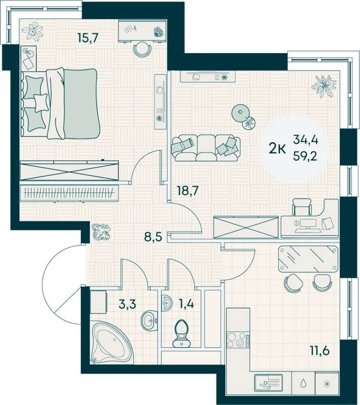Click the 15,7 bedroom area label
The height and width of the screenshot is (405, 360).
(x=88, y=38)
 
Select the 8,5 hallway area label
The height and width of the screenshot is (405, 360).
(x=153, y=236)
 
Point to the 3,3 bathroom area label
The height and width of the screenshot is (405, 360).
(x=127, y=304)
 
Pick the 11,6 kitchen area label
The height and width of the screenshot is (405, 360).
(x=319, y=351)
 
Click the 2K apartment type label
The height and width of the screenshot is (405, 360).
(x=277, y=149)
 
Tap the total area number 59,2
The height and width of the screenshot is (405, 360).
(x=305, y=156)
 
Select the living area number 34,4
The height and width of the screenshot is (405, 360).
(x=305, y=141)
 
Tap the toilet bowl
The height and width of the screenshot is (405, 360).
(x=181, y=333)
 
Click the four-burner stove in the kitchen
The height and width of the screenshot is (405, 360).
(x=238, y=340)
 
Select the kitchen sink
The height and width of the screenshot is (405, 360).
(x=268, y=383)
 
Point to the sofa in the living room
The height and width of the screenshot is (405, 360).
(x=205, y=148)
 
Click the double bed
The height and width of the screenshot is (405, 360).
(x=60, y=104)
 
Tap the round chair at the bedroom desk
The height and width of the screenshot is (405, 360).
(x=142, y=49)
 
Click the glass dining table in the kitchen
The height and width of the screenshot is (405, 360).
(x=308, y=258)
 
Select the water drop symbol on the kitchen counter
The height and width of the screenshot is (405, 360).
(x=303, y=383)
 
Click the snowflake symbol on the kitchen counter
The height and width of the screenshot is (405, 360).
(x=327, y=384)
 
